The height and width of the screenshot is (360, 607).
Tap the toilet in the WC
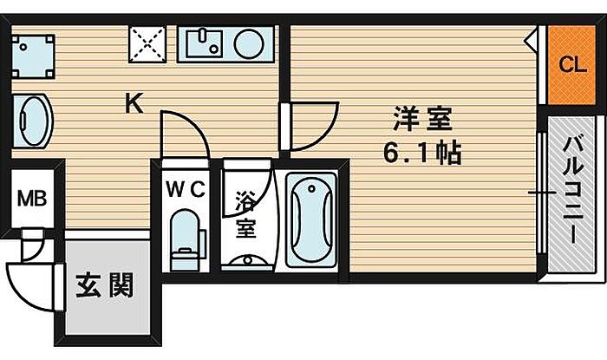pos(185,239)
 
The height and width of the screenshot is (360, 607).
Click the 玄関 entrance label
pos(104,285)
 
